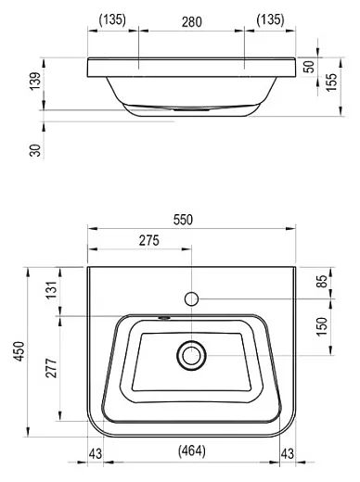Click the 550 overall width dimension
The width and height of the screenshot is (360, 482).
[183, 220]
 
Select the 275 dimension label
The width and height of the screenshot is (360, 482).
[149, 240]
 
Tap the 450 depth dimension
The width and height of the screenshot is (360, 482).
[19, 351]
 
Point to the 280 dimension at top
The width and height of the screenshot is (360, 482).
[192, 22]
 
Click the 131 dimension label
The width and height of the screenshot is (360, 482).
[52, 289]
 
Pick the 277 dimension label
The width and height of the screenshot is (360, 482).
[51, 368]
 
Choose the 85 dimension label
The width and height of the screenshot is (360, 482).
[322, 281]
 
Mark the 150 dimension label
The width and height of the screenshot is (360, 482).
[322, 326]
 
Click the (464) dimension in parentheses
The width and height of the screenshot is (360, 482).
[192, 450]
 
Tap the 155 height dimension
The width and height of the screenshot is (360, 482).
[331, 82]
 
